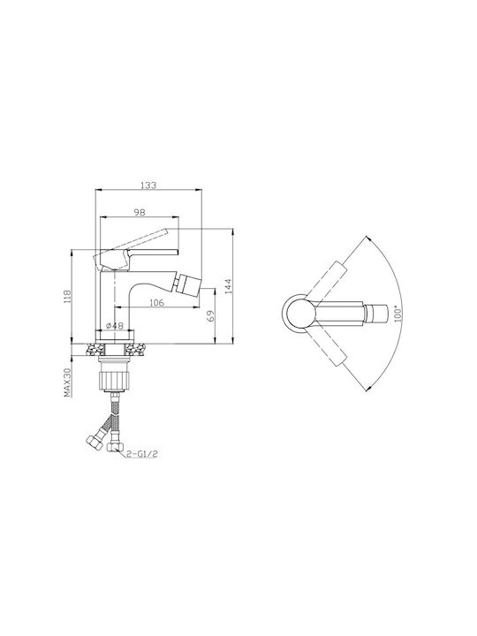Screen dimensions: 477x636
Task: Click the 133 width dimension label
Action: (x=148, y=185)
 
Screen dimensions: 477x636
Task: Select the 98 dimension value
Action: (x=140, y=212)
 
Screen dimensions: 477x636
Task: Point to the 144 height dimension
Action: (x=228, y=286)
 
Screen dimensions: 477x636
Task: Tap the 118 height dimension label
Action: (x=67, y=297)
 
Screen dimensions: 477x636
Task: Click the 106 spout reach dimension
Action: (x=156, y=302)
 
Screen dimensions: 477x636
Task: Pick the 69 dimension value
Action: (x=210, y=316)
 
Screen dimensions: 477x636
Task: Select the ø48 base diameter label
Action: (x=115, y=326)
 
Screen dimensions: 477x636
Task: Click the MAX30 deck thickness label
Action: (x=67, y=382)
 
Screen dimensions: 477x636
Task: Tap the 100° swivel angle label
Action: (x=398, y=314)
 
